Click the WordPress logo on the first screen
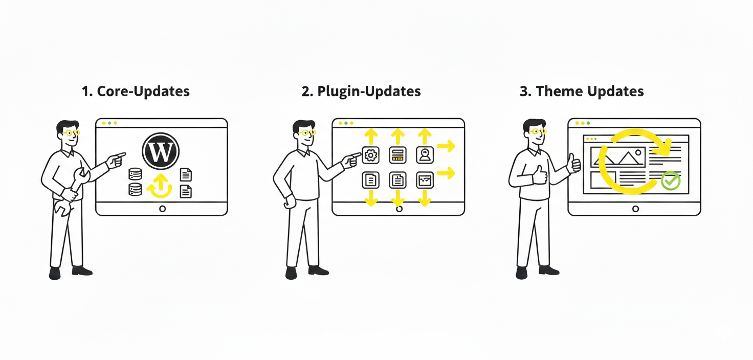(161, 151)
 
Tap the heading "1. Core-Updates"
(136, 92)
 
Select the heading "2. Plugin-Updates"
(361, 92)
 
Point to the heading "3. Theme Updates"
(582, 92)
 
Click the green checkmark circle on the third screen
(670, 181)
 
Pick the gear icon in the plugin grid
(371, 154)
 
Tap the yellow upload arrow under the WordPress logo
(160, 185)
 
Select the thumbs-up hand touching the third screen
(574, 164)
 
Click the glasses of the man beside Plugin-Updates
(307, 133)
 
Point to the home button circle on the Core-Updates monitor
(162, 209)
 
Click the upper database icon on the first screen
(135, 174)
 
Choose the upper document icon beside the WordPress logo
(186, 174)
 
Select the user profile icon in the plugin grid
(425, 154)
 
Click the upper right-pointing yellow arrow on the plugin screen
(446, 147)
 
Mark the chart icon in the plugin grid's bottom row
(425, 180)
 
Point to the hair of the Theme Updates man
(534, 124)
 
